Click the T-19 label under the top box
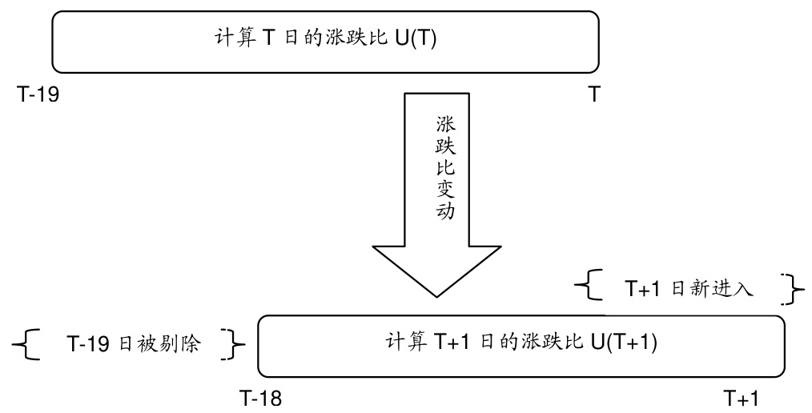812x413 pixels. point(38,95)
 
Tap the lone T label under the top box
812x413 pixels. point(594,95)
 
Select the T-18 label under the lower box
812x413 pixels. point(260,397)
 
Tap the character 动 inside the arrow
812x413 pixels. point(445,214)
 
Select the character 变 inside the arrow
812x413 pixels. point(445,192)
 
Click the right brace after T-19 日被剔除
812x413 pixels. point(235,344)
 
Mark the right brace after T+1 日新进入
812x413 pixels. point(794,288)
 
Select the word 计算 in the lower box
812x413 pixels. point(406,343)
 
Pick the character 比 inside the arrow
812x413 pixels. point(445,170)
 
